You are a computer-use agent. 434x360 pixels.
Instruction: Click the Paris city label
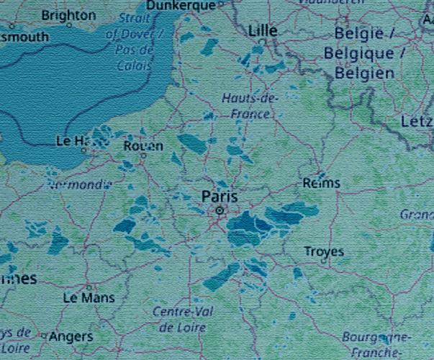pos(220,196)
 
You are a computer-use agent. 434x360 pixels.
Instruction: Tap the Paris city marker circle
pos(220,210)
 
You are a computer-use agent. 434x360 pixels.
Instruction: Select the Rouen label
pos(143,145)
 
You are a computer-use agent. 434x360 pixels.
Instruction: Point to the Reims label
pos(321,184)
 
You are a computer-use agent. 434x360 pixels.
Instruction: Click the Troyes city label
pos(324,252)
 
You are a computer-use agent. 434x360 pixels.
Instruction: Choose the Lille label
pos(263,31)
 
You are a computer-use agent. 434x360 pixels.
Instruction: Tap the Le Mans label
pos(89,297)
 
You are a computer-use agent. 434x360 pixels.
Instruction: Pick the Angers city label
pos(71,336)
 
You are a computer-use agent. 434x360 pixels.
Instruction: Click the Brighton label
pos(68,15)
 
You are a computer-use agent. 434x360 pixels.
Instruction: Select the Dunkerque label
pos(181,6)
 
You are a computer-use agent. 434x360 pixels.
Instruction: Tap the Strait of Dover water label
pos(135,27)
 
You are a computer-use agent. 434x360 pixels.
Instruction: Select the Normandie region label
pos(79,184)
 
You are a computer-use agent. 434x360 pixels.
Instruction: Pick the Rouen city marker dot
pos(144,155)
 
